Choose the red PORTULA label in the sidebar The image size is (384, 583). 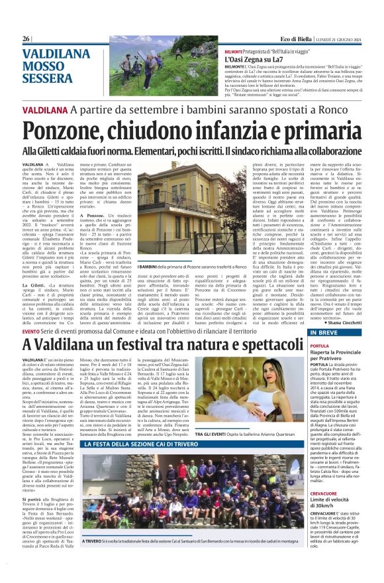coord(319,346)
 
